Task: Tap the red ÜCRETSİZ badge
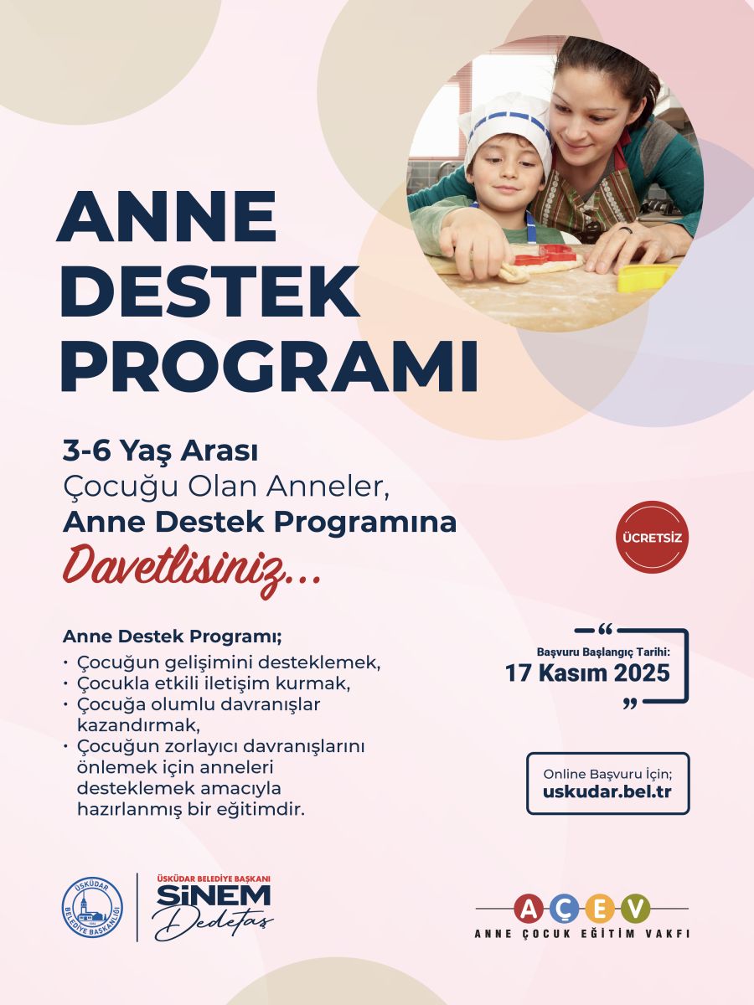[653, 537]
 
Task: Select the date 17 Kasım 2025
[587, 673]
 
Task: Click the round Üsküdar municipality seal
[93, 908]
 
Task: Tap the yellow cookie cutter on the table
[646, 277]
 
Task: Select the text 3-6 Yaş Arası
[160, 451]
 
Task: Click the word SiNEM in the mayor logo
[214, 897]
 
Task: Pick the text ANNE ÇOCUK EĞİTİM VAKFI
[581, 933]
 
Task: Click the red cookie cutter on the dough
[545, 255]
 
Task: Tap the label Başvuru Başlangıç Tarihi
[603, 651]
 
